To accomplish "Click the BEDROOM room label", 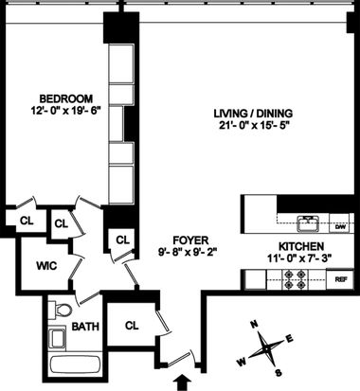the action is (x=66, y=98).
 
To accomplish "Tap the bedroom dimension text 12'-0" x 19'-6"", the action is (x=65, y=111).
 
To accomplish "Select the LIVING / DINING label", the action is (x=253, y=114).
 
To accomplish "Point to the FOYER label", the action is (x=190, y=240).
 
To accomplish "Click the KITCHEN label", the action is (x=301, y=246).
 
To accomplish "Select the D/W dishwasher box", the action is (x=340, y=227).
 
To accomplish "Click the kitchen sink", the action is (x=308, y=223).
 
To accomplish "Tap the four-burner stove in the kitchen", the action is (x=296, y=279).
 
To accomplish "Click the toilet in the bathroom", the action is (x=60, y=310).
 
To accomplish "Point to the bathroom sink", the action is (x=57, y=338).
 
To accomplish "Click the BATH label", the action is (x=85, y=327).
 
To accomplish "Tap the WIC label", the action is (x=46, y=266).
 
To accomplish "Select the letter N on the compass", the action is (x=254, y=324).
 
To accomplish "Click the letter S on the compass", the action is (x=279, y=373).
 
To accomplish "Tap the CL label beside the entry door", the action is (x=132, y=326).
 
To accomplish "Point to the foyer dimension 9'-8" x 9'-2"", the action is (x=189, y=252).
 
